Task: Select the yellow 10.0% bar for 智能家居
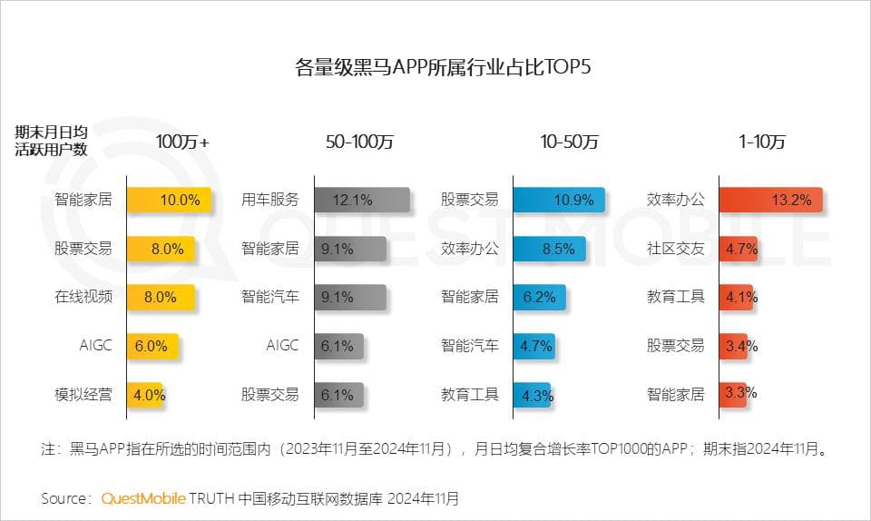coord(170,200)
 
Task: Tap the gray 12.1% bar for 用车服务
coord(362,200)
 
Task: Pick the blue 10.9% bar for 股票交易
coord(559,200)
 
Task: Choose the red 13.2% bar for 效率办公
coord(770,200)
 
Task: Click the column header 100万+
coord(182,142)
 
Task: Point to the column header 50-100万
coord(360,142)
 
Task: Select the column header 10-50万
coord(570,142)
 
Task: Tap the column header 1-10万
coord(762,142)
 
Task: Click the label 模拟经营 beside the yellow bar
coord(83,395)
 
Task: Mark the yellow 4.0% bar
coord(145,395)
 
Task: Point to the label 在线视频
coord(83,297)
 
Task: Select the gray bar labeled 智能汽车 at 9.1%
coord(350,297)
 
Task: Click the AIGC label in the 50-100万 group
coord(282,346)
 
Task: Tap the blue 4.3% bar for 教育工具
coord(533,395)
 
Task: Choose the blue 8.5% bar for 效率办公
coord(549,248)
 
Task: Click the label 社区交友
coord(675,248)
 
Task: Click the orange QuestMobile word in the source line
coord(143,498)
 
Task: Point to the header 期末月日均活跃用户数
coord(52,141)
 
